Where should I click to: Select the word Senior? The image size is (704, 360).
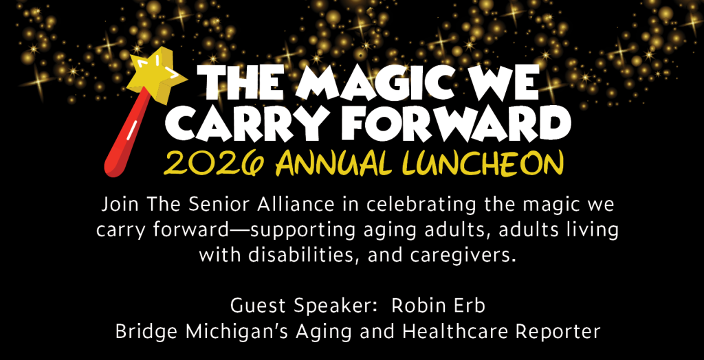(221, 205)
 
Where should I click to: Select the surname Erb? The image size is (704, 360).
(471, 306)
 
